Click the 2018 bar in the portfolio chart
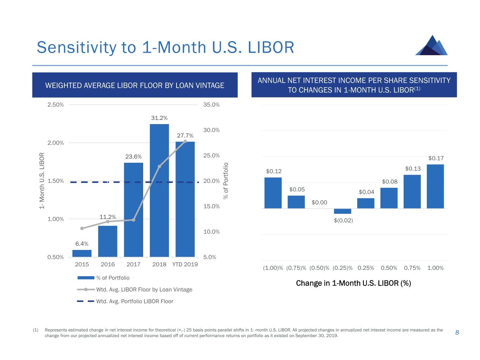click(x=159, y=190)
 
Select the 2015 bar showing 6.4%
click(x=82, y=253)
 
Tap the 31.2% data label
click(x=159, y=118)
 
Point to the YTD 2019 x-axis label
click(x=185, y=264)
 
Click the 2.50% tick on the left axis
click(x=56, y=105)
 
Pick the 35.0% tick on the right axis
click(x=211, y=105)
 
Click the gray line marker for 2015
click(x=82, y=229)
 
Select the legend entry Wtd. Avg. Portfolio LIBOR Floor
click(x=135, y=301)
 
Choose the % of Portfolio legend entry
click(x=113, y=278)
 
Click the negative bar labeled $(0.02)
click(x=343, y=211)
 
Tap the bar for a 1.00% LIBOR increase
click(x=435, y=186)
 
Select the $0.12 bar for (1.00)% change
click(x=273, y=193)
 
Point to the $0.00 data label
click(x=319, y=202)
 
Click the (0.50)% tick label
click(x=319, y=268)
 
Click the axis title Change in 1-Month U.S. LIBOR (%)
click(x=353, y=283)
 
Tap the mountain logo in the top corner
click(x=431, y=45)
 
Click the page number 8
click(x=457, y=333)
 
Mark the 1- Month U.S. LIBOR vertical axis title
click(x=42, y=181)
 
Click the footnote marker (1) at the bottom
click(x=36, y=330)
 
